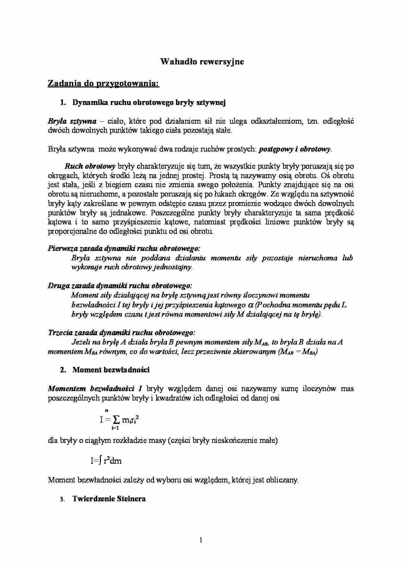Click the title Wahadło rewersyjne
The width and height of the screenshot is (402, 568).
point(202,62)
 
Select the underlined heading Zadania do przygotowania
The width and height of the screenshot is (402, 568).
point(103,84)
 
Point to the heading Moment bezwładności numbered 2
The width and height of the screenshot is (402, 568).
point(111,370)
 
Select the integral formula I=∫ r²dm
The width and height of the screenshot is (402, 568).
point(106,460)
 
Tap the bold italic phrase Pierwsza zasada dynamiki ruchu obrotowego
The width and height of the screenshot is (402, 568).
point(124,249)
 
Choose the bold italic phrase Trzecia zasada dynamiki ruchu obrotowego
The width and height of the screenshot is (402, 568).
point(122,333)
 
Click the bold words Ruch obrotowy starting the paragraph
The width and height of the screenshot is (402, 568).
point(90,166)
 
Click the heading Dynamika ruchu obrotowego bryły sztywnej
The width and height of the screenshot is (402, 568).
point(149,103)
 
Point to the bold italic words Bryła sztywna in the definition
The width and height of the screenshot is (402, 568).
point(72,121)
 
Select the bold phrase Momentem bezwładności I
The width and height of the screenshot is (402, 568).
point(95,388)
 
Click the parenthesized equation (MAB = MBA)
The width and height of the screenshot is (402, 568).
point(298,352)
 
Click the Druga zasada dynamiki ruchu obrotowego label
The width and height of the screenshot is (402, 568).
point(120,286)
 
